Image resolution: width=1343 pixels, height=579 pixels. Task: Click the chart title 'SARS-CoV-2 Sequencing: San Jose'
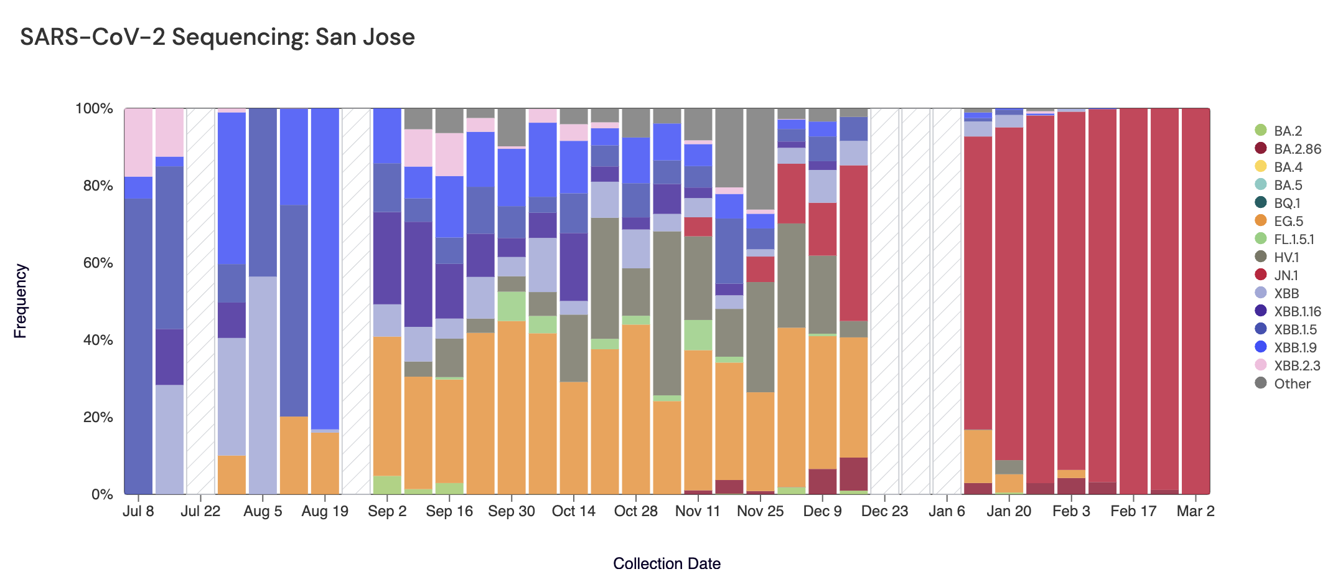tap(217, 37)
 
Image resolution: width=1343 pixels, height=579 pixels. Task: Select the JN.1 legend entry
tap(1286, 275)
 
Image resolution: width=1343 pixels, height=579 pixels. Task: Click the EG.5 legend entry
tap(1288, 221)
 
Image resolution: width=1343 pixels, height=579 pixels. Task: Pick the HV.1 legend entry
tap(1286, 257)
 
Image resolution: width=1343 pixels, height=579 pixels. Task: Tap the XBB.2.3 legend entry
tap(1296, 365)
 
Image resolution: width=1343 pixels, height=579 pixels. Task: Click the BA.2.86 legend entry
tap(1297, 149)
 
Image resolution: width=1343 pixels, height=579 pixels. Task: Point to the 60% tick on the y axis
tap(94, 263)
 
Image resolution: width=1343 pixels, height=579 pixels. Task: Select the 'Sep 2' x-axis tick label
tap(387, 511)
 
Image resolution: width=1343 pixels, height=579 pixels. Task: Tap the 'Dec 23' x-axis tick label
tap(884, 511)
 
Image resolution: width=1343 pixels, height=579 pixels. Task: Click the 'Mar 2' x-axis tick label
tap(1196, 511)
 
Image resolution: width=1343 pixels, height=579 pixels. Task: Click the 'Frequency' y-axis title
tap(21, 301)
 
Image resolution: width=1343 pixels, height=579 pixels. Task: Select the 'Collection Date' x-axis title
tap(667, 563)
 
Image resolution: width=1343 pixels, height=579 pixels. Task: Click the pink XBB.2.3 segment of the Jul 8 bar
tap(139, 142)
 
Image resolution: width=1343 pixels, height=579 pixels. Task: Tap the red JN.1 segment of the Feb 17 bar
tap(1133, 299)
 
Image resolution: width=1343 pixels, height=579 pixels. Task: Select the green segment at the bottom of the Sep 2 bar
tap(387, 485)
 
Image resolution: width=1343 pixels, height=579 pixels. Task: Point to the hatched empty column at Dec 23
tap(884, 299)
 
